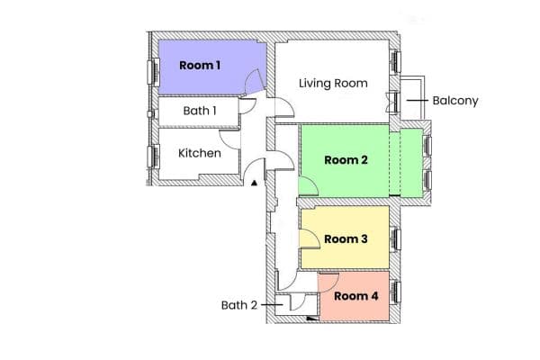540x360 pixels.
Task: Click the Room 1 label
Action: click(x=200, y=65)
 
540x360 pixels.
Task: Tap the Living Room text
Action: click(x=333, y=84)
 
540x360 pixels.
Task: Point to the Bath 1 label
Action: click(x=200, y=111)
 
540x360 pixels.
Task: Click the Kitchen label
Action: click(x=199, y=153)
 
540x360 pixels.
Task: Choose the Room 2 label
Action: click(x=346, y=161)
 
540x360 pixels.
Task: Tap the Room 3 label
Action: click(x=346, y=238)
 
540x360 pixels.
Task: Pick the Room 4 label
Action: click(x=356, y=295)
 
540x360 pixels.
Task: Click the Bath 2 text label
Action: click(x=239, y=305)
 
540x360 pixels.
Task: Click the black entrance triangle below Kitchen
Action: click(x=255, y=184)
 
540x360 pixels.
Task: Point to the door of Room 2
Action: click(x=308, y=186)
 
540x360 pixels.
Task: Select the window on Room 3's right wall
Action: click(x=395, y=238)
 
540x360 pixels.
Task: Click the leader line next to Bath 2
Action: click(x=269, y=305)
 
